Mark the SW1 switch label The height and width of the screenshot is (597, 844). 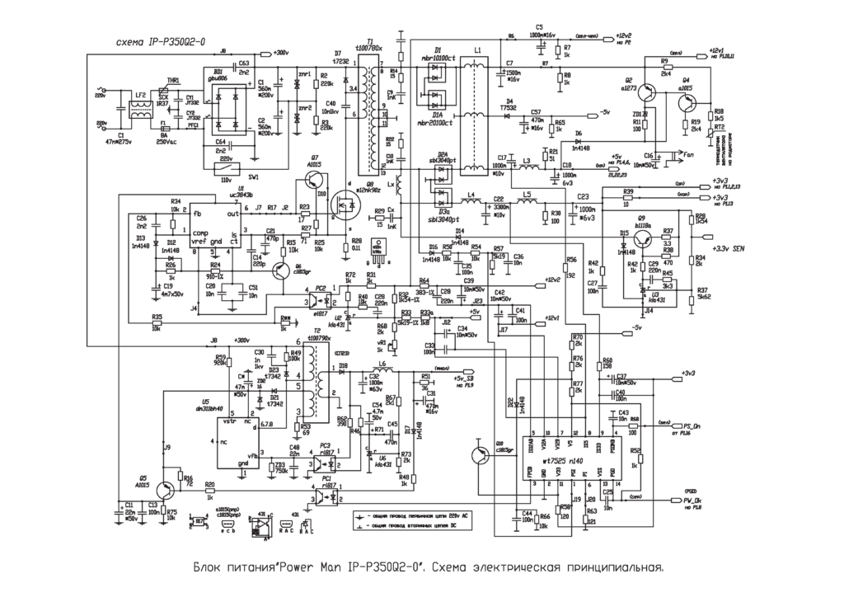253,176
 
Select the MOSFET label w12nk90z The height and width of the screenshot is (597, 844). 364,190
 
